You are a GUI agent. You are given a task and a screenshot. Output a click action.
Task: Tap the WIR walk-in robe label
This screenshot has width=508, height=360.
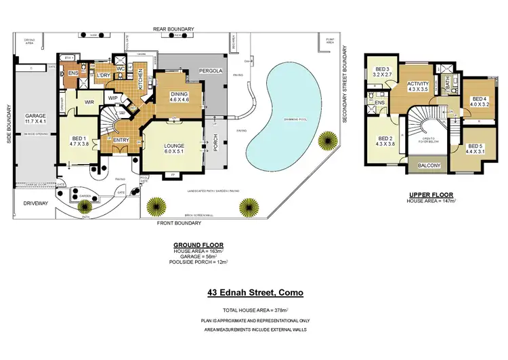point(89,102)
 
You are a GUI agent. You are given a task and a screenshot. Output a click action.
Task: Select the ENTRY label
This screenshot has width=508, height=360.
point(121,140)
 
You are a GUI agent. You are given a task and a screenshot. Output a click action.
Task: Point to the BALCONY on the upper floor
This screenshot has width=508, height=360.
point(425,165)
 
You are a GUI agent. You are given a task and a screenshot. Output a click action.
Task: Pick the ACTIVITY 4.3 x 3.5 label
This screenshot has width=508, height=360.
point(419,86)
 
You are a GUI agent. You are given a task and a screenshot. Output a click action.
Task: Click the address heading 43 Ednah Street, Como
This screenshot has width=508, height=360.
point(254,293)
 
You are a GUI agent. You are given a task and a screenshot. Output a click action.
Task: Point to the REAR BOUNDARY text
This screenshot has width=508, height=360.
point(173,28)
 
